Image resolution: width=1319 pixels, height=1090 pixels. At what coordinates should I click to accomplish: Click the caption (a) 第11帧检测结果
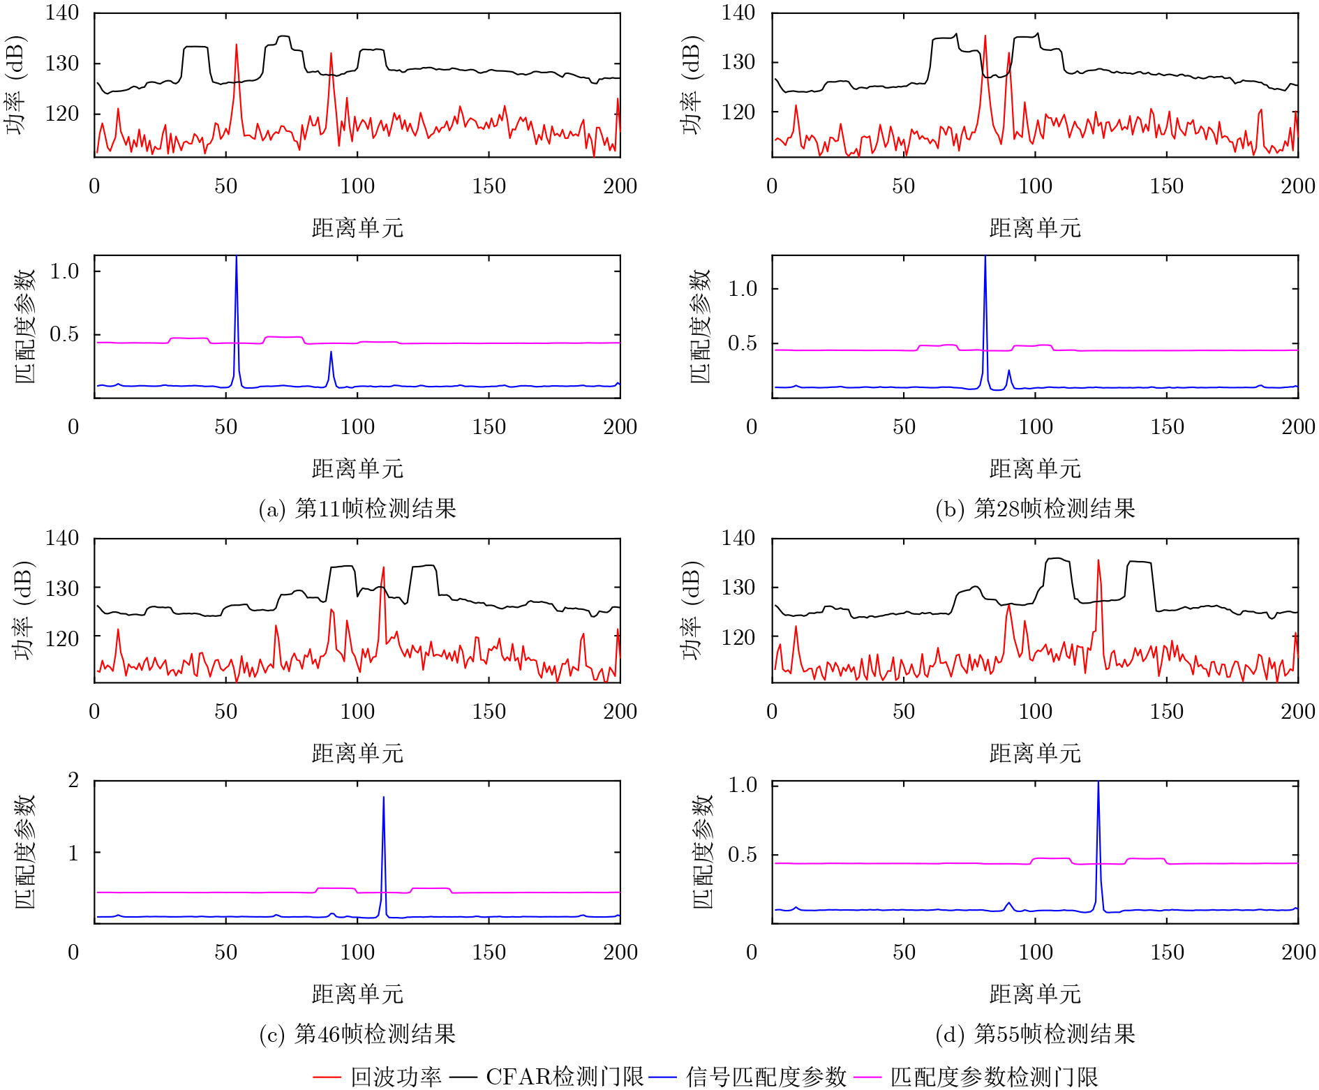click(357, 508)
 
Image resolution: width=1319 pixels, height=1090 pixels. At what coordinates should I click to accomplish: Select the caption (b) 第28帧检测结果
click(1035, 508)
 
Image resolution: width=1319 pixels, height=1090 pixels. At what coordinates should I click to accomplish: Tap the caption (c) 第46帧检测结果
click(357, 1033)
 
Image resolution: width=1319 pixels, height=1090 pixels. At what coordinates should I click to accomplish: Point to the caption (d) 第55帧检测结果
click(1035, 1033)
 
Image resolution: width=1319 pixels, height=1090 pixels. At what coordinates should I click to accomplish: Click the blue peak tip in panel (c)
click(383, 797)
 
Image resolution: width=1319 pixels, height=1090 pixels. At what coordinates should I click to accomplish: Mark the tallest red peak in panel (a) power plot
click(237, 45)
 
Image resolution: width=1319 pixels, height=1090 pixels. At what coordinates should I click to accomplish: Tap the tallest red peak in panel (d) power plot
click(1098, 560)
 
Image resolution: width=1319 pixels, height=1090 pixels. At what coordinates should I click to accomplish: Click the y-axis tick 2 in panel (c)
click(73, 780)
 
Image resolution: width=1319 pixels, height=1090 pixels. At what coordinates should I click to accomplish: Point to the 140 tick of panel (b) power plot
click(738, 13)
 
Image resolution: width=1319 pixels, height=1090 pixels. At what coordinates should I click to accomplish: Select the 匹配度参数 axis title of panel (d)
click(702, 851)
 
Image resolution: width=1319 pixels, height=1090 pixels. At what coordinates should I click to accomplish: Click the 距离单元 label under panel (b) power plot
click(1035, 227)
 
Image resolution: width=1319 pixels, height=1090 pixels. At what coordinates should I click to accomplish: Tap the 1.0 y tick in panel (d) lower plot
click(743, 784)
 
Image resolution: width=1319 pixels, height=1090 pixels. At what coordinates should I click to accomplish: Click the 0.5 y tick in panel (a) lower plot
click(64, 334)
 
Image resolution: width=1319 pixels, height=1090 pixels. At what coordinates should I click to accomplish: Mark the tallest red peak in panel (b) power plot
click(985, 36)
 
